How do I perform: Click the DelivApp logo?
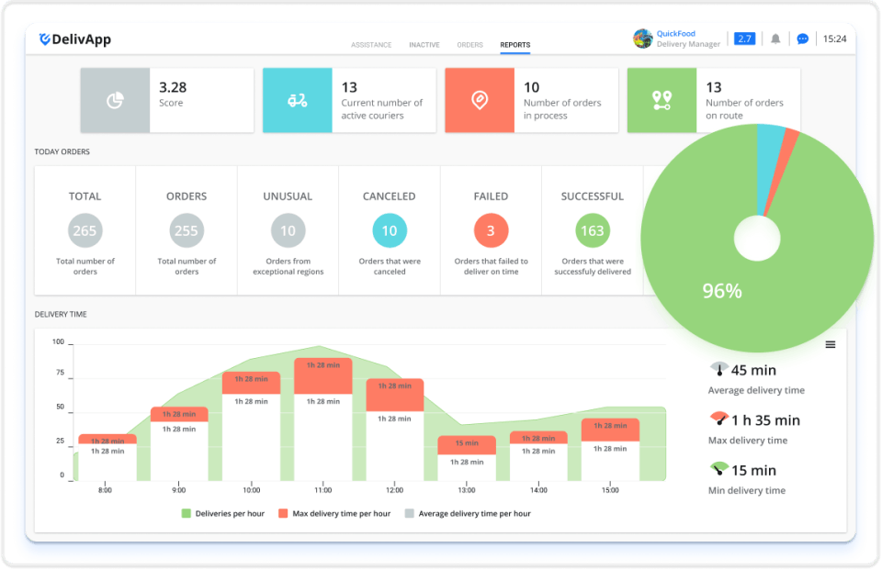click(74, 39)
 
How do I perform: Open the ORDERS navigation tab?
click(469, 45)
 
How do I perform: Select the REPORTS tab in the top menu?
click(514, 45)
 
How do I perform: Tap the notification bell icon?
click(775, 39)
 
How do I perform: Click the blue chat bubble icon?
click(802, 39)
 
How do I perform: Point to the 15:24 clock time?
click(834, 39)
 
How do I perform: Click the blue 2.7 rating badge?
click(744, 39)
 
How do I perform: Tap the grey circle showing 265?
click(85, 230)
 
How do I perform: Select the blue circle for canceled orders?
click(390, 230)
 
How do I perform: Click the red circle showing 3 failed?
click(491, 230)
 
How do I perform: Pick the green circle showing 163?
click(593, 230)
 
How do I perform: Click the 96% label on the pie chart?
click(721, 291)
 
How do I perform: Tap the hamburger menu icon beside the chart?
click(831, 344)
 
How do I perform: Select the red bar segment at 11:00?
click(323, 375)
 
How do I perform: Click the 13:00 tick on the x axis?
click(466, 490)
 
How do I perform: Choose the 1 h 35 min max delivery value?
click(765, 420)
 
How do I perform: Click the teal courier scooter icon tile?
click(297, 100)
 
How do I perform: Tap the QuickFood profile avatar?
click(643, 39)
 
